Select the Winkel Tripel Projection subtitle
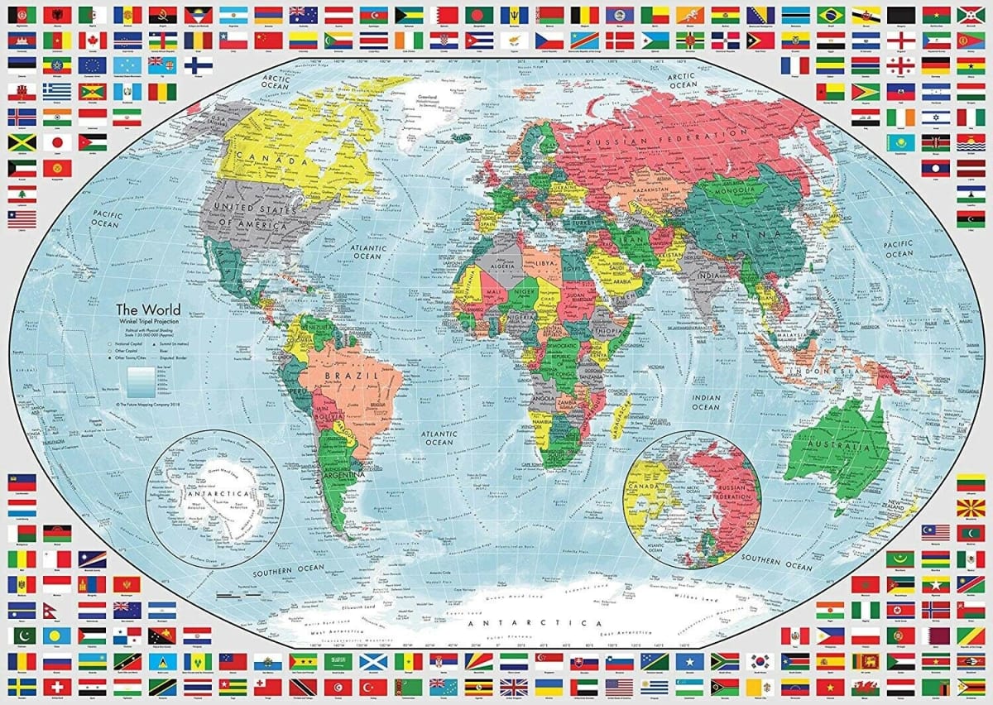pos(147,322)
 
